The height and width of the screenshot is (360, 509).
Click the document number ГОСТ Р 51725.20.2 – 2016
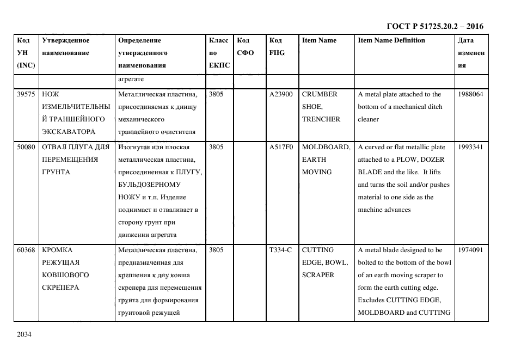(x=434, y=26)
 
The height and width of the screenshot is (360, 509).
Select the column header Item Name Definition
(x=391, y=40)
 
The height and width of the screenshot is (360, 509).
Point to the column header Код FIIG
(x=277, y=46)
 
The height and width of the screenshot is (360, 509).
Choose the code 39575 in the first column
(x=26, y=94)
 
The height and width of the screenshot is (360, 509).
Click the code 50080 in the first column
(x=26, y=147)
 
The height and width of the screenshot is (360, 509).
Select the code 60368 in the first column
(x=26, y=250)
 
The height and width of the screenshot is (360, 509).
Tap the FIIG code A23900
(x=281, y=94)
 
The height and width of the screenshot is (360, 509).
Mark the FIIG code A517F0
(x=281, y=147)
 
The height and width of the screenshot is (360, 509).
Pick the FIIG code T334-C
(x=280, y=250)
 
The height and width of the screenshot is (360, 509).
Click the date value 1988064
(x=470, y=94)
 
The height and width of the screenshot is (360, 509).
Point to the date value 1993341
(x=470, y=147)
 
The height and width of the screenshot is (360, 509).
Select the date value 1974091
(x=470, y=250)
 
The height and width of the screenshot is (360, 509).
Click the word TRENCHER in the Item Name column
(x=321, y=119)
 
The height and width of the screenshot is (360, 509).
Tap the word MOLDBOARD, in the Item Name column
(x=326, y=147)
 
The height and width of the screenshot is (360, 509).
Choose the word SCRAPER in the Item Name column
(x=318, y=275)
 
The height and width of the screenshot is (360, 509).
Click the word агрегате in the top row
(x=131, y=79)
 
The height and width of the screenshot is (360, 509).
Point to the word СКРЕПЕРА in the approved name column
(x=60, y=288)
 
